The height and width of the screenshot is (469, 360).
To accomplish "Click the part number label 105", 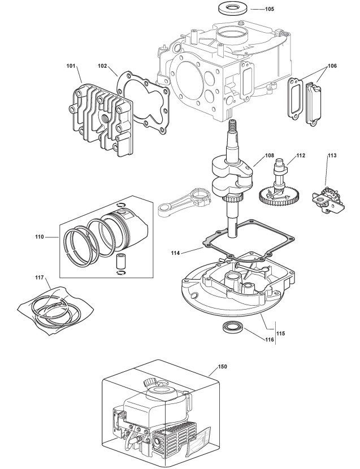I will pyautogui.click(x=269, y=9).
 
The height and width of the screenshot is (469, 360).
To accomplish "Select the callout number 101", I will pyautogui.click(x=71, y=66).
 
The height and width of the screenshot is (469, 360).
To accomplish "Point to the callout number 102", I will pyautogui.click(x=103, y=66).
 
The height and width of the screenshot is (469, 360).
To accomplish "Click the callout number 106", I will pyautogui.click(x=332, y=66).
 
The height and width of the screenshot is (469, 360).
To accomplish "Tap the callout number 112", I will pyautogui.click(x=300, y=154).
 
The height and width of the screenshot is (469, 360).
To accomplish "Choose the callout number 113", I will pyautogui.click(x=332, y=154).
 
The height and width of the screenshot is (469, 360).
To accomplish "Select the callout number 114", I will pyautogui.click(x=177, y=254).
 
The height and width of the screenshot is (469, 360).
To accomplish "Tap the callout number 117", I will pyautogui.click(x=40, y=277).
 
